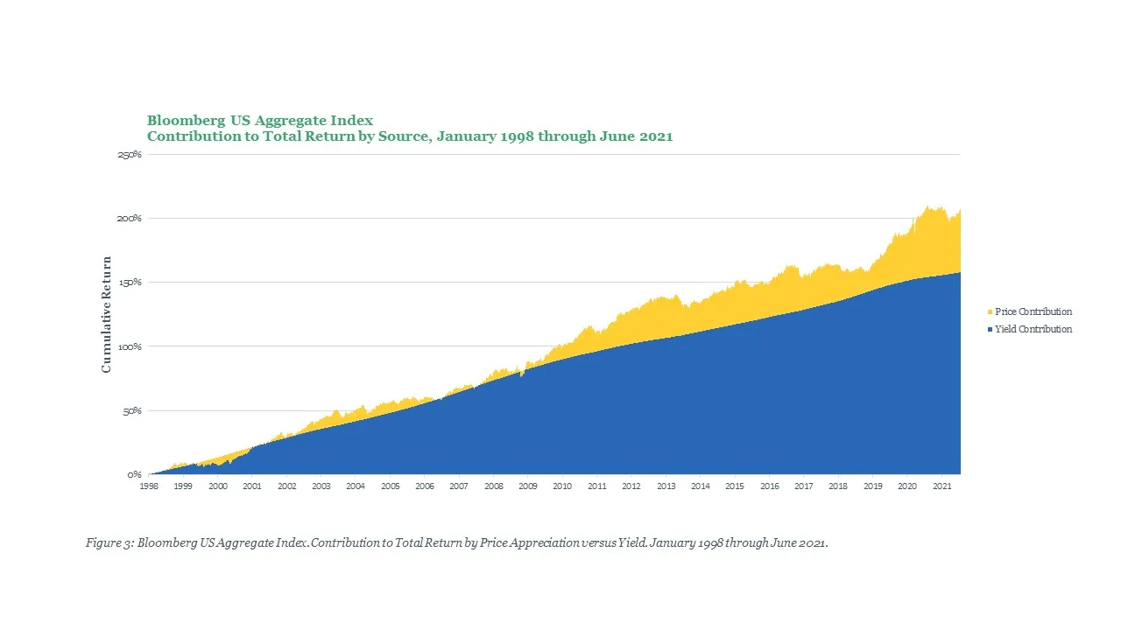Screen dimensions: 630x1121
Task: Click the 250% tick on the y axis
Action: pyautogui.click(x=130, y=155)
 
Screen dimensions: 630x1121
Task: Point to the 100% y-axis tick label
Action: pyautogui.click(x=130, y=346)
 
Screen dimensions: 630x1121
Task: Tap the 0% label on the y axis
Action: pyautogui.click(x=134, y=474)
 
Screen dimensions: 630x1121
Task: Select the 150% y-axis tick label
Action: pyautogui.click(x=130, y=283)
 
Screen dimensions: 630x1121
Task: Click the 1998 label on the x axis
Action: pyautogui.click(x=149, y=486)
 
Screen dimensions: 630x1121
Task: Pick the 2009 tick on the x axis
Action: pyautogui.click(x=528, y=486)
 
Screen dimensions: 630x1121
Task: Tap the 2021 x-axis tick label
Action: pyautogui.click(x=941, y=486)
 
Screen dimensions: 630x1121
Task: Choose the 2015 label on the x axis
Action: pyautogui.click(x=735, y=486)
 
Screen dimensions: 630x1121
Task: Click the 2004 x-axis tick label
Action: pyautogui.click(x=356, y=486)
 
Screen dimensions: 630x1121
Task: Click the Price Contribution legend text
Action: pyautogui.click(x=1033, y=311)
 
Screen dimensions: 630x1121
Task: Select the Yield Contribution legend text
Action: pyautogui.click(x=1033, y=329)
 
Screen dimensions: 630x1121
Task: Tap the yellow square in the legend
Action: pyautogui.click(x=990, y=312)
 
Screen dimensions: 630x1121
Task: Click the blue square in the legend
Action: pyautogui.click(x=990, y=330)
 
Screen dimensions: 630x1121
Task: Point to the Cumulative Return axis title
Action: pyautogui.click(x=107, y=315)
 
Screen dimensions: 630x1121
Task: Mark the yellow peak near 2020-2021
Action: pyautogui.click(x=927, y=207)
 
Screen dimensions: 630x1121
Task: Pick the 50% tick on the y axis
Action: pyautogui.click(x=131, y=410)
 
